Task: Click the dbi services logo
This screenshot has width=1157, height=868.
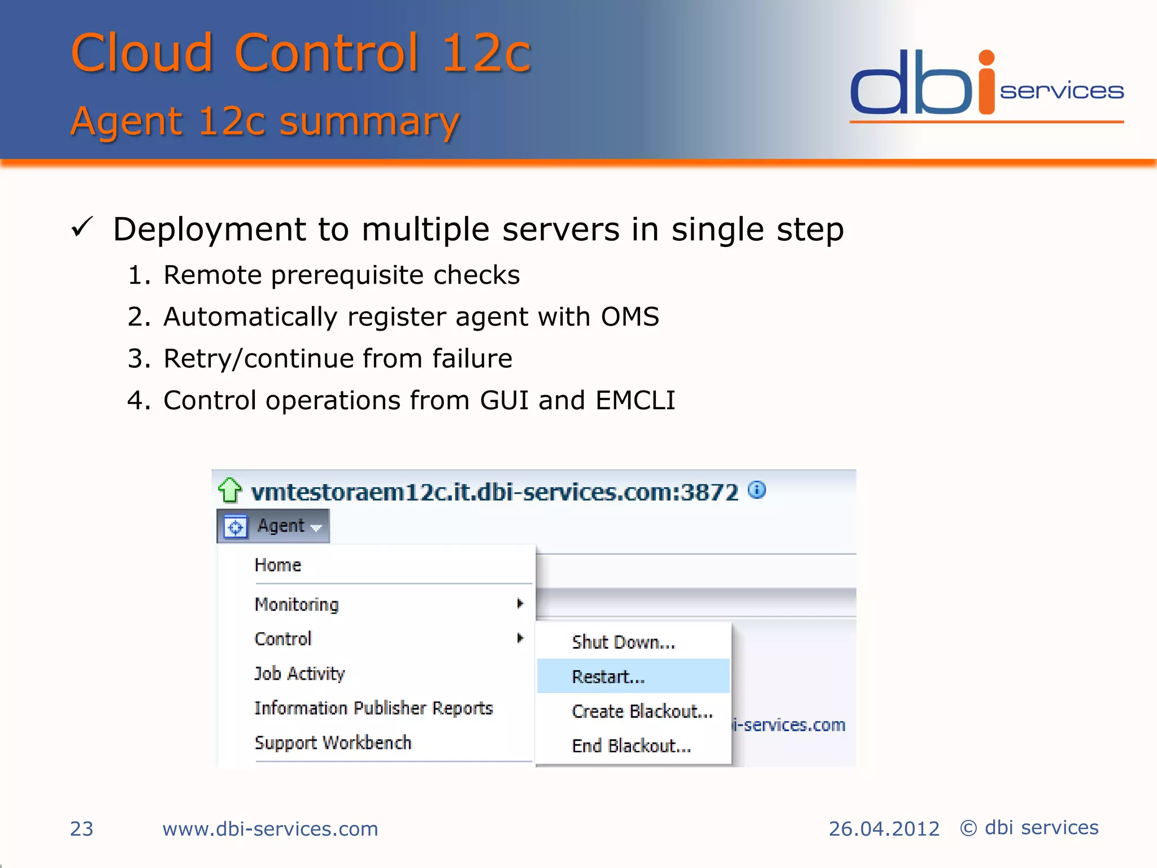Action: [x=986, y=85]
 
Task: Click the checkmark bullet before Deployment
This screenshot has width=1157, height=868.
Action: [x=82, y=228]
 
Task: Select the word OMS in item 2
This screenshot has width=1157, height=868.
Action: [x=629, y=317]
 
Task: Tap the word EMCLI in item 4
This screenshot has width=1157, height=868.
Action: [x=635, y=401]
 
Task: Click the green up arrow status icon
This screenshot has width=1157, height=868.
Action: [x=230, y=491]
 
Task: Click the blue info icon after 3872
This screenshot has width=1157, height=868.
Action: [x=756, y=490]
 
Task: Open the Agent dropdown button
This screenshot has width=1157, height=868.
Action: [x=274, y=526]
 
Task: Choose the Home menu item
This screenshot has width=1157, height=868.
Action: [x=278, y=565]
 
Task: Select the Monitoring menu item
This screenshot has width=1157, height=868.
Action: [x=297, y=605]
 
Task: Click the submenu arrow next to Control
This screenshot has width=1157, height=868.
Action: [x=520, y=639]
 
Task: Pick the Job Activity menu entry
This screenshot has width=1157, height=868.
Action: [x=299, y=674]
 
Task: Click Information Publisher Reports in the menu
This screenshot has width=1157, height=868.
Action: [x=373, y=708]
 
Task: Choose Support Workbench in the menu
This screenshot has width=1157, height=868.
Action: [x=333, y=743]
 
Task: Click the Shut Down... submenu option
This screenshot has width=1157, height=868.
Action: [x=623, y=643]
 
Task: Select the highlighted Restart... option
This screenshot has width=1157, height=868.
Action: [x=608, y=676]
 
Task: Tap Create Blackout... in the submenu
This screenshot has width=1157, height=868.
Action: [x=642, y=711]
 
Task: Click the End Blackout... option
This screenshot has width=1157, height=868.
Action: [x=631, y=746]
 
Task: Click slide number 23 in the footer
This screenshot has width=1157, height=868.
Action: [x=81, y=829]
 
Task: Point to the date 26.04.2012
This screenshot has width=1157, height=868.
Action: [x=884, y=829]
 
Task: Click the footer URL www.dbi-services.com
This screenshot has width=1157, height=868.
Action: [x=270, y=829]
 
